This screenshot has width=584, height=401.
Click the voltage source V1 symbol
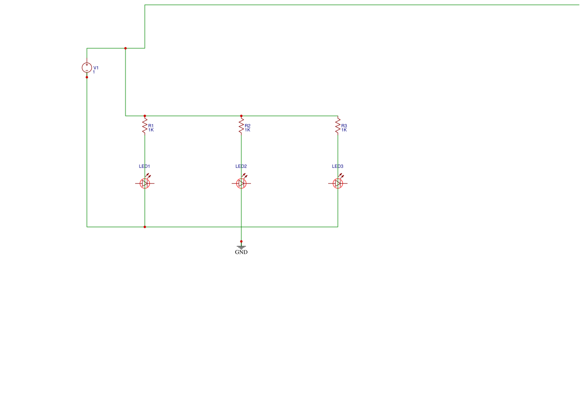click(x=87, y=68)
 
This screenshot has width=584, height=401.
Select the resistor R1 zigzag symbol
click(x=145, y=126)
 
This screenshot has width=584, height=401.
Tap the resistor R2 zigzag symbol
click(x=241, y=126)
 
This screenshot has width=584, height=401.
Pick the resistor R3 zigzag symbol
click(x=338, y=126)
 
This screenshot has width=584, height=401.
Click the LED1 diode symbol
click(x=145, y=183)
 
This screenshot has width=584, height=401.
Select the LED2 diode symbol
click(x=241, y=183)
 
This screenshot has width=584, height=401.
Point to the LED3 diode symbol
click(x=338, y=183)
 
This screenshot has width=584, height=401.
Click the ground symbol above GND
click(x=241, y=247)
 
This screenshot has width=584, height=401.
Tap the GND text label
click(x=241, y=252)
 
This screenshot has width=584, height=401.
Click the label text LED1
click(x=144, y=166)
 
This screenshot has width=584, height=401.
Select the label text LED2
click(x=241, y=166)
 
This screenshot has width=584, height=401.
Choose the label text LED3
click(x=337, y=166)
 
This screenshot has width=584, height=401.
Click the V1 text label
click(x=96, y=68)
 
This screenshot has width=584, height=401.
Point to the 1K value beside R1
click(x=151, y=130)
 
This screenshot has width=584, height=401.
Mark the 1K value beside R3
click(x=344, y=130)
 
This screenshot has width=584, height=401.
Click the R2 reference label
click(x=248, y=126)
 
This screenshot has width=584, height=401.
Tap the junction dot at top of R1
click(x=145, y=116)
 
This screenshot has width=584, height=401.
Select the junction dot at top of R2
click(x=241, y=116)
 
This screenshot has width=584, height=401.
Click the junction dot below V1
click(x=87, y=77)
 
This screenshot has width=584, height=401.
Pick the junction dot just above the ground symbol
click(x=241, y=241)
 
